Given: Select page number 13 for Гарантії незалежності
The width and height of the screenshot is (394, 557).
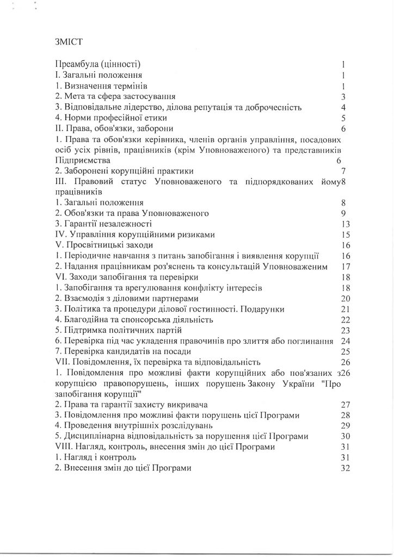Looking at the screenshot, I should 342,224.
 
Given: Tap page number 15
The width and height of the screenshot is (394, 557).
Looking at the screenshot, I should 342,234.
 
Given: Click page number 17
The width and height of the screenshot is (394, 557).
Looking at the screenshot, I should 342,266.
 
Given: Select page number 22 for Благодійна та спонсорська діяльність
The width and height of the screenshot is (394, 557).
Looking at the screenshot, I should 343,319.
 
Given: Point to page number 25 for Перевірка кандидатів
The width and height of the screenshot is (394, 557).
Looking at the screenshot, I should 343,351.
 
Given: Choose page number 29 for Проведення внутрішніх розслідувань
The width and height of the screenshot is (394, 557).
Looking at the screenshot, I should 343,425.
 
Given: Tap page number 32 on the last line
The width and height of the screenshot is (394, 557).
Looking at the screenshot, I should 343,468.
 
